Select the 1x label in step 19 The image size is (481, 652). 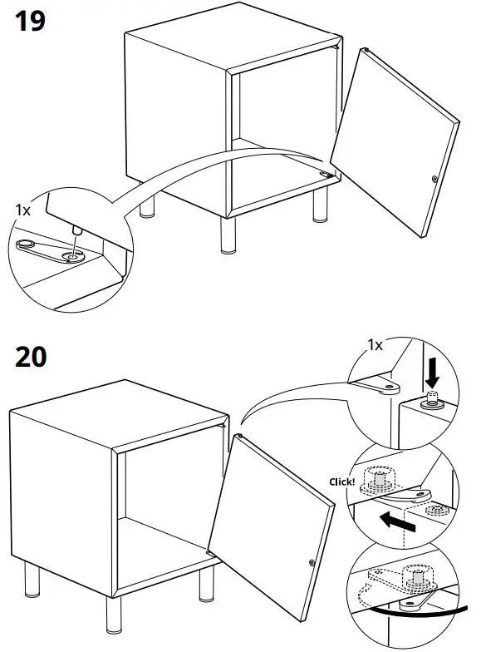tap(23, 210)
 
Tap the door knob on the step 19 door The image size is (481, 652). tap(434, 178)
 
